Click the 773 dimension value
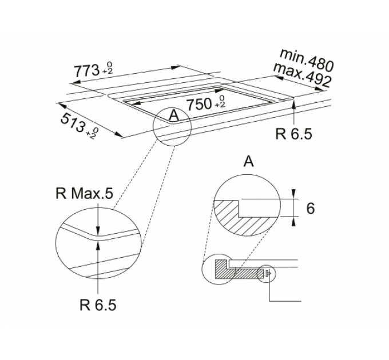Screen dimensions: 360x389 [x=86, y=71]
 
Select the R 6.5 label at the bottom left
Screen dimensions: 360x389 [x=97, y=305]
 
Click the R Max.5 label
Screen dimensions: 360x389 [x=85, y=194]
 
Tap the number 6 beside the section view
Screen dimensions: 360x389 [x=311, y=208]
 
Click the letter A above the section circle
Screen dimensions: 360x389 [x=248, y=162]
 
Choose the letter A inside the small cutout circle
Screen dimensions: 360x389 [x=172, y=116]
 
